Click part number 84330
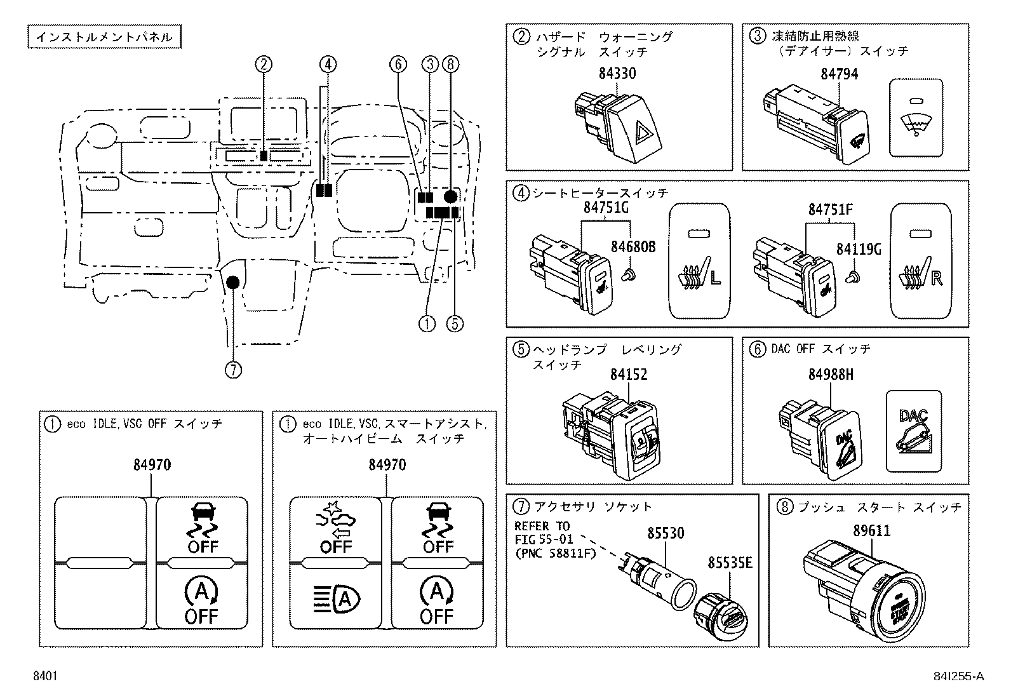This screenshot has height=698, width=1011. [x=616, y=74]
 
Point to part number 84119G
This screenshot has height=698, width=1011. [x=858, y=249]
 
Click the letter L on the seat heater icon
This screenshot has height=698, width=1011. [x=715, y=279]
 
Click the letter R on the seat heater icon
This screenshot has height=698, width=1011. [x=936, y=279]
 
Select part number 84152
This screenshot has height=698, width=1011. [x=628, y=374]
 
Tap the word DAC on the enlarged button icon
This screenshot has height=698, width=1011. [x=913, y=416]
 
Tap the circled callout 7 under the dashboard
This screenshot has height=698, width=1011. [x=233, y=370]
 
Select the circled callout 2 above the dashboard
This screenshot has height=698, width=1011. [x=264, y=64]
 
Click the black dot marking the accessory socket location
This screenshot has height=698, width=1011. [x=232, y=282]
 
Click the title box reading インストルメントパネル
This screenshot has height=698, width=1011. [x=104, y=37]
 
